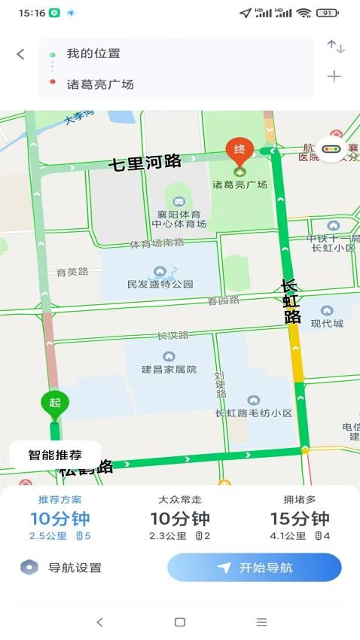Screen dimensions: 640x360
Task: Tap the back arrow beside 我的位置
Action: (20, 54)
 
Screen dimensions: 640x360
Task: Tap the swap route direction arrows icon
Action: (335, 47)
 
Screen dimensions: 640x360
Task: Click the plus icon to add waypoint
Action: (334, 76)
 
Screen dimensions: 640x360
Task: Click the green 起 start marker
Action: (54, 404)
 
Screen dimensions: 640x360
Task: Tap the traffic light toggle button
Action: (331, 149)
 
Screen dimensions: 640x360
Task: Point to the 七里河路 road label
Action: (145, 162)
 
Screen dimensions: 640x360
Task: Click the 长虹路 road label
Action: (291, 301)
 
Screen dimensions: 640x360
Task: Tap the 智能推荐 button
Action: (55, 455)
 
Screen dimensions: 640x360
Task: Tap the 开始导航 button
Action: (255, 568)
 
